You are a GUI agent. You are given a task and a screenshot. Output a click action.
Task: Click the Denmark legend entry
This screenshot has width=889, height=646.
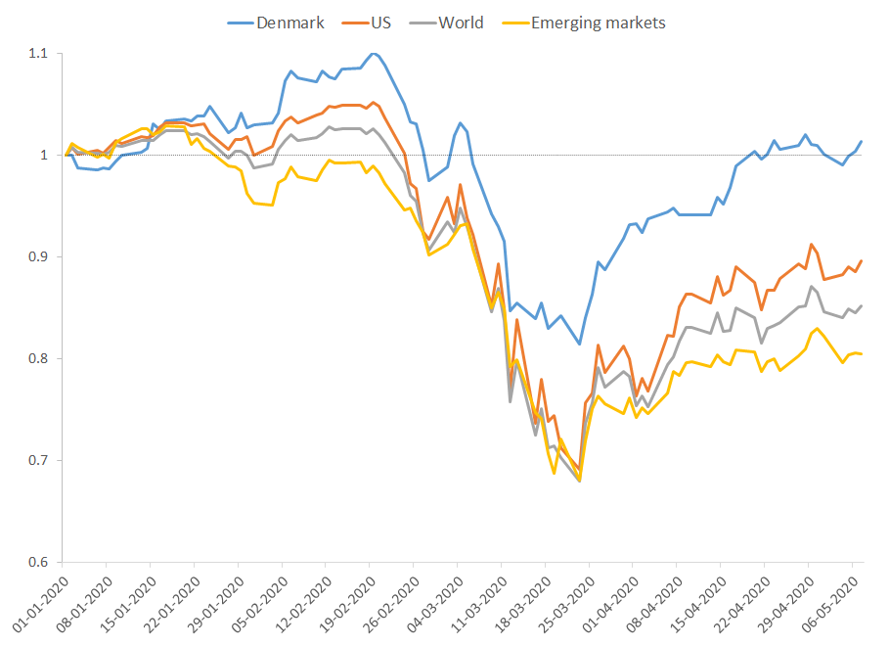tap(289, 22)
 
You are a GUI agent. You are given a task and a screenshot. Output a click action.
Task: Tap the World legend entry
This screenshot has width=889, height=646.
tap(461, 22)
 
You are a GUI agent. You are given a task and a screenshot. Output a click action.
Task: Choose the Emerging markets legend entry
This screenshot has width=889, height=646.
tap(598, 22)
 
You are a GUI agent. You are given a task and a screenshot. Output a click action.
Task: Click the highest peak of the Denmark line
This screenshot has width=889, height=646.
tap(374, 53)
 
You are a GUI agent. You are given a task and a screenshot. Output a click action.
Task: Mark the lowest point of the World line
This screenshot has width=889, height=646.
tap(580, 482)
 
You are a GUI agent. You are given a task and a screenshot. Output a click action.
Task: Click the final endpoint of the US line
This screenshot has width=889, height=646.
tap(862, 260)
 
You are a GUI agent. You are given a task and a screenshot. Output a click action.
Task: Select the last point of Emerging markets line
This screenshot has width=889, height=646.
tap(862, 353)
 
